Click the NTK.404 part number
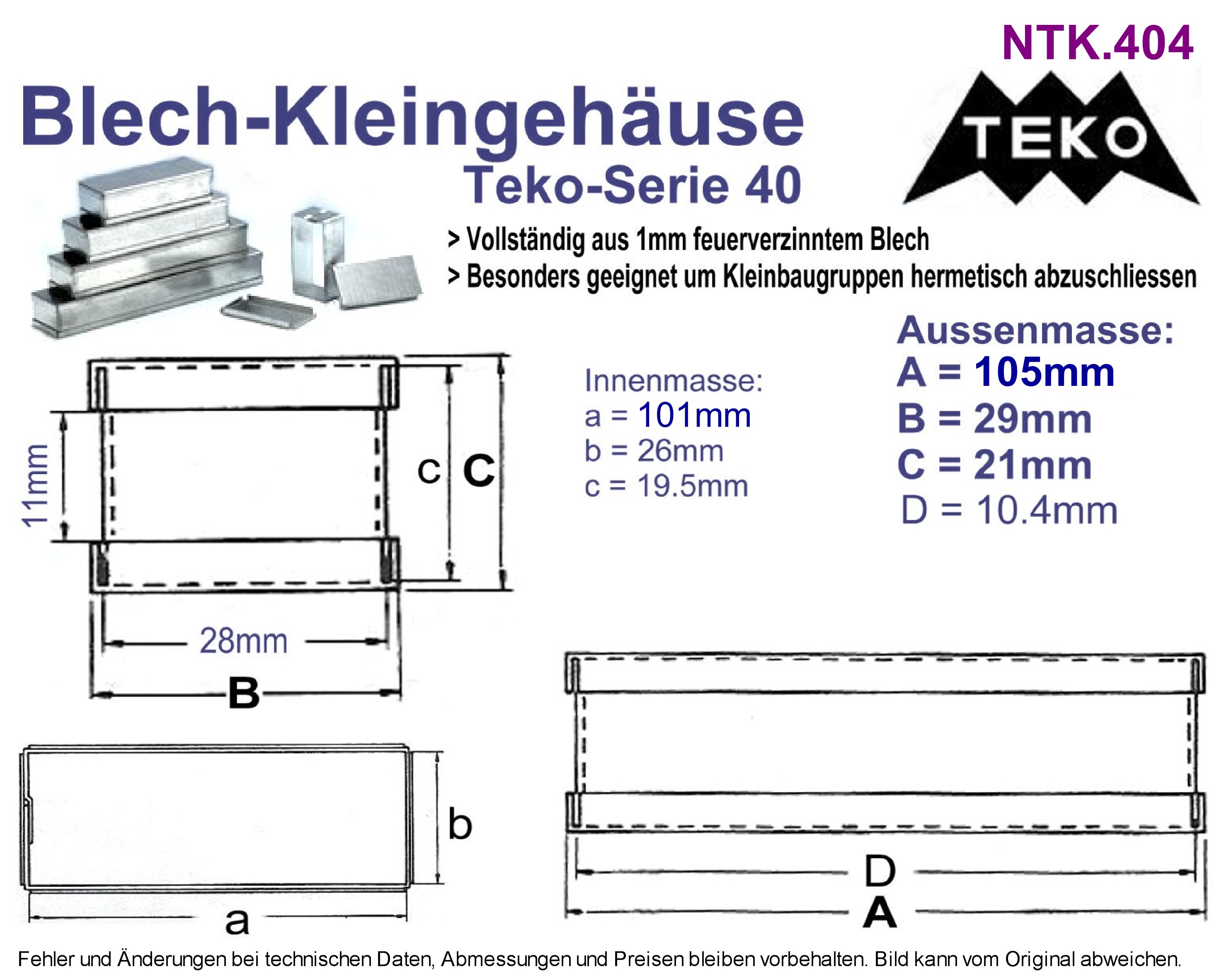1097,43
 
